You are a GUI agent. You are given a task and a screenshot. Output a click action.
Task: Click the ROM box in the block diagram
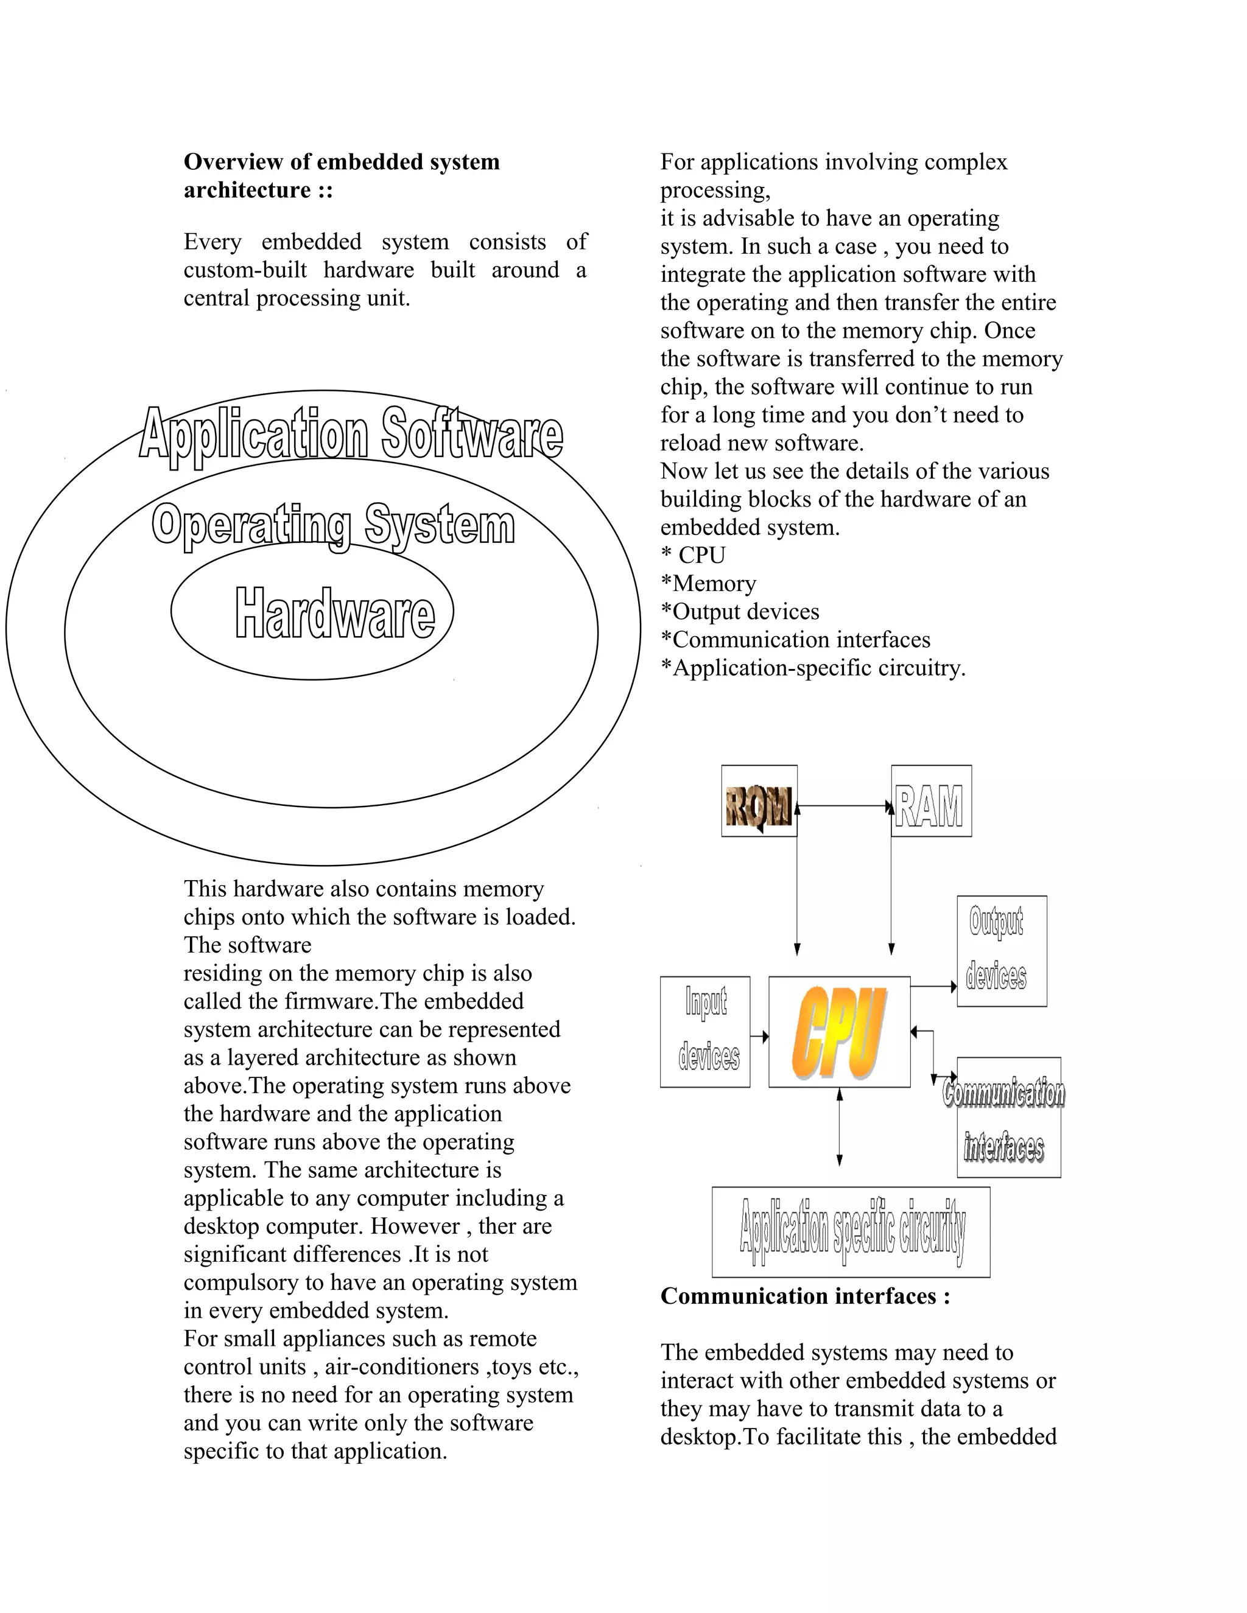coord(759,800)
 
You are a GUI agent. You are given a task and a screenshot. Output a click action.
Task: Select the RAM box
coord(931,800)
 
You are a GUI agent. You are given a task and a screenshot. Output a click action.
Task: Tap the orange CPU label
coord(838,1032)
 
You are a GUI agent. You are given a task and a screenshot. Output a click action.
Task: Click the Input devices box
coord(704,1032)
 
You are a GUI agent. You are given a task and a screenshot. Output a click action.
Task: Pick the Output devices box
coord(1001,951)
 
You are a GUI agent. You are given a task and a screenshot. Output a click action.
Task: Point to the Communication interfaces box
coord(1008,1118)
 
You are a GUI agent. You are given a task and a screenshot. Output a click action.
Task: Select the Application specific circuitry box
coord(850,1232)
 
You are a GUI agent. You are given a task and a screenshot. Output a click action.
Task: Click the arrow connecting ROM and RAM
coord(844,806)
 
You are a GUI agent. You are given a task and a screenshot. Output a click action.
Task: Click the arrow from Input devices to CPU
coord(759,1037)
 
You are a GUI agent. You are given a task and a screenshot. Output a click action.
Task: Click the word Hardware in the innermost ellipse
coord(335,613)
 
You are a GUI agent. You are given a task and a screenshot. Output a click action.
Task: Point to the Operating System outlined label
coord(333,525)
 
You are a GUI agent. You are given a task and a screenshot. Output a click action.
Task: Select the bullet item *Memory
coord(709,584)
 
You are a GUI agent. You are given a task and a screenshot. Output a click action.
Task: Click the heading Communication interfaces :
coord(804,1296)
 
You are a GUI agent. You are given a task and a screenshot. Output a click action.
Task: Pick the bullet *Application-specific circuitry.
coord(813,668)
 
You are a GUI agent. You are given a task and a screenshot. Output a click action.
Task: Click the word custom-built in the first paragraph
coord(245,270)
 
